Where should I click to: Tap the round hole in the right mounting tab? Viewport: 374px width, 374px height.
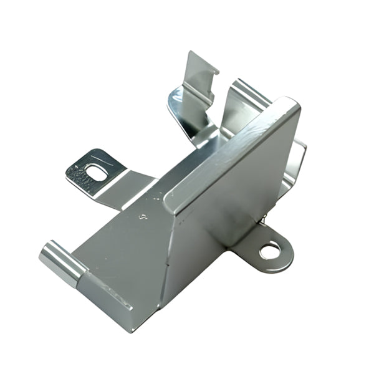pyautogui.click(x=270, y=251)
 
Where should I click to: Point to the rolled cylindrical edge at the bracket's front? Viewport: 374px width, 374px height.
pyautogui.click(x=62, y=262)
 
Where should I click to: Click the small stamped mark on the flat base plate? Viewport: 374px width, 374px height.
pyautogui.click(x=144, y=218)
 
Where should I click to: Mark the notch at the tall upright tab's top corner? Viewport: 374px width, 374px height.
pyautogui.click(x=216, y=70)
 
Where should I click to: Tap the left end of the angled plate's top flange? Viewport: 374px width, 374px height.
pyautogui.click(x=171, y=199)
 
